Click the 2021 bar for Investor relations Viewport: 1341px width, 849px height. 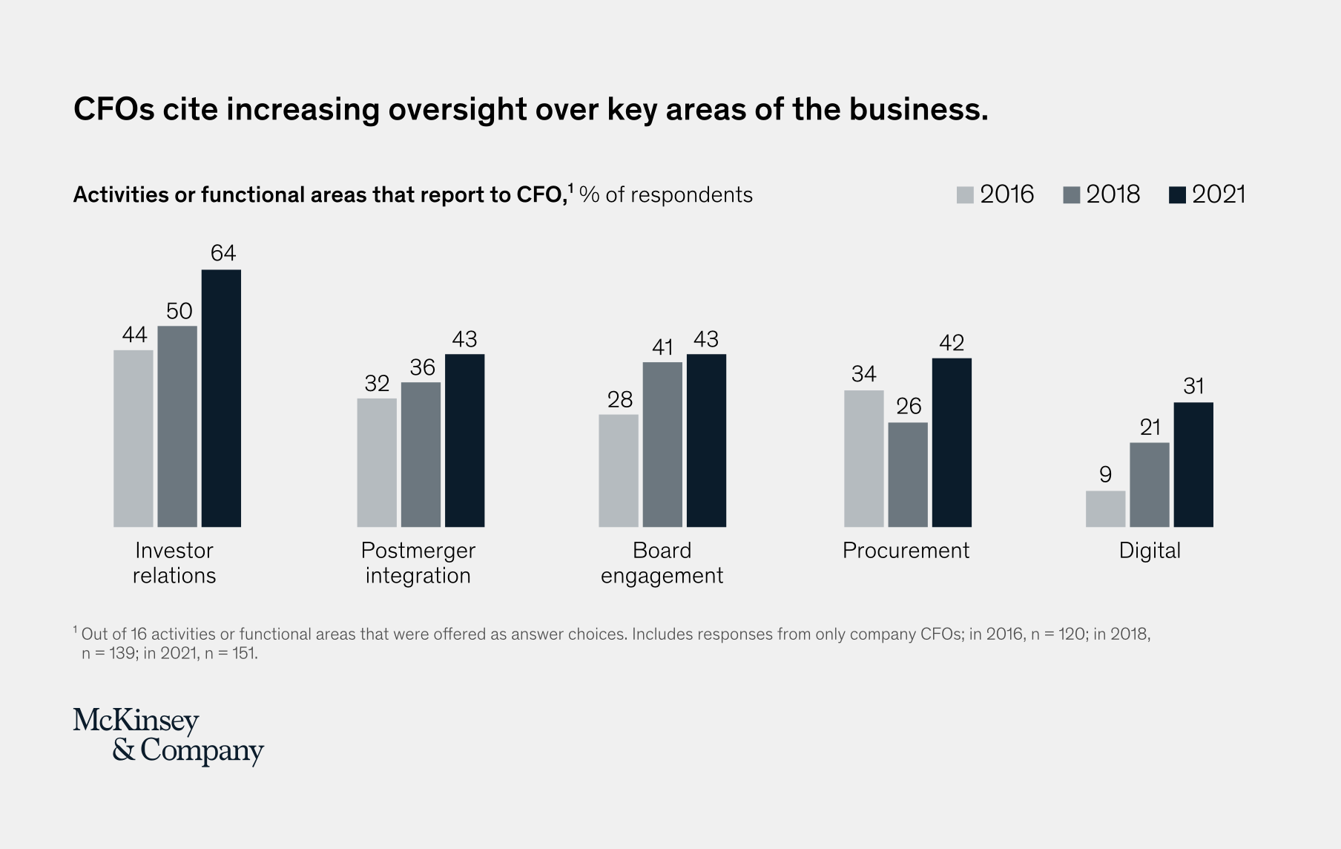(221, 399)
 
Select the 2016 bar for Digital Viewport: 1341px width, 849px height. (1105, 509)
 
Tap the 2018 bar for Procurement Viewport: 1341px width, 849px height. (907, 475)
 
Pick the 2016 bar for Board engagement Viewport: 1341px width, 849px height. (619, 471)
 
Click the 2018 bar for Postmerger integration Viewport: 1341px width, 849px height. (421, 454)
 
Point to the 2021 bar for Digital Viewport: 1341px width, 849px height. (1193, 465)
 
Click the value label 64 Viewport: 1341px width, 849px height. (223, 254)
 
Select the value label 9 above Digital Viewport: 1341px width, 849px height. (1105, 474)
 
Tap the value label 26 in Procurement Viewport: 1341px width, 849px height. (909, 406)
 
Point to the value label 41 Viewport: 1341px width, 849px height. (662, 347)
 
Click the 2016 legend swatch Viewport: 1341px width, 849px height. (965, 195)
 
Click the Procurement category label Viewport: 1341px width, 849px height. (906, 551)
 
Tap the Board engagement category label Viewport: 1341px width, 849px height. (662, 563)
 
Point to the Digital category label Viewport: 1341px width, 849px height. (1149, 551)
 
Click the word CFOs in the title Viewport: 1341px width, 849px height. (113, 109)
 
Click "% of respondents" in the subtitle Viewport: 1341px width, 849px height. (665, 194)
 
